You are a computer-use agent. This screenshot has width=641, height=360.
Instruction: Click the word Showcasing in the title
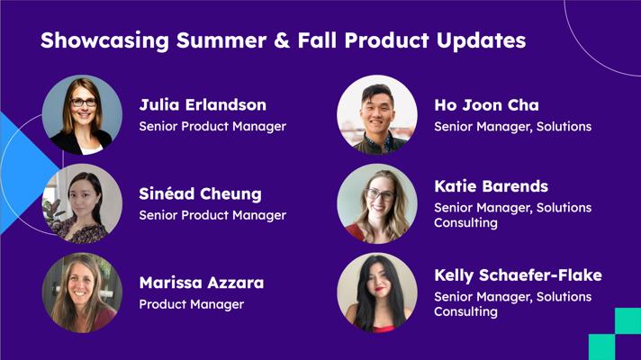[104, 40]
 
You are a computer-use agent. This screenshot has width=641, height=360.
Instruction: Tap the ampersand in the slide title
[282, 40]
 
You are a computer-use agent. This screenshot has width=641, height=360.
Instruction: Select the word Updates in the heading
[481, 41]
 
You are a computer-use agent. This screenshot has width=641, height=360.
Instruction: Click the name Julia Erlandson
[203, 104]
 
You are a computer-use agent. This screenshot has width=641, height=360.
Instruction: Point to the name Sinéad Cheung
[200, 194]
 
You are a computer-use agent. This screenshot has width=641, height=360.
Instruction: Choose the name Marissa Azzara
[202, 283]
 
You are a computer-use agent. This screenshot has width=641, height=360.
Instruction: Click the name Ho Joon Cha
[486, 105]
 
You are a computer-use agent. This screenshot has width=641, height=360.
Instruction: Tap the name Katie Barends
[491, 186]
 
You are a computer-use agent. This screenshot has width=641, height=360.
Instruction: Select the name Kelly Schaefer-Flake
[518, 275]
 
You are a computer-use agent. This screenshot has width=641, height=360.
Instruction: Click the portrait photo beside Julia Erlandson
[82, 115]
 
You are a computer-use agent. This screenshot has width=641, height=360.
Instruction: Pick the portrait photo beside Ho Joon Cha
[377, 115]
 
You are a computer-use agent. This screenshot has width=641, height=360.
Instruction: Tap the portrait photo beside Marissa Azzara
[82, 292]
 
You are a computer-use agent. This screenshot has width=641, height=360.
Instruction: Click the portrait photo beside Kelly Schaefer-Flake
[377, 292]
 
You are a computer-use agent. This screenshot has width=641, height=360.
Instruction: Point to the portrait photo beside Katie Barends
[377, 204]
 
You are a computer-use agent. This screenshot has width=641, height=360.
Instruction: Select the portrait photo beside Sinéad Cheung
[82, 204]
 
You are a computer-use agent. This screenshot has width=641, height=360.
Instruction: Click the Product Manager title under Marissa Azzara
[192, 304]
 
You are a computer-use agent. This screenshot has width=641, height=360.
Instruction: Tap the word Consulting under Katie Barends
[465, 223]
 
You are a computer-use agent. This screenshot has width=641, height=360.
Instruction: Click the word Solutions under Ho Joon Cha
[564, 127]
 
